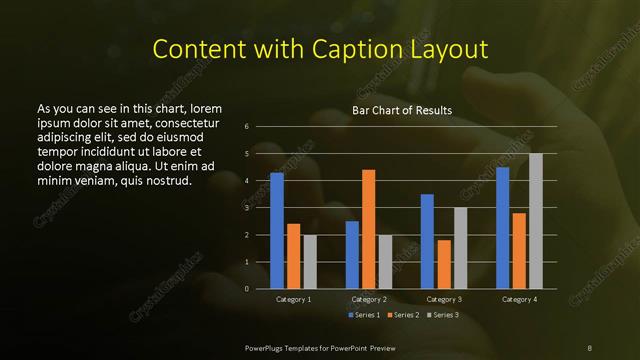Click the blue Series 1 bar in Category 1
coord(277,231)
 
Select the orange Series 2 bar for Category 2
coord(369,229)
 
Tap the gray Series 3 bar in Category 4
coord(536,221)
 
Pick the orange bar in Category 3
coord(444,264)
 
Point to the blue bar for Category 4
coord(503,228)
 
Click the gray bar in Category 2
coord(385,261)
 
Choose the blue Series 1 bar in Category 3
coord(427,241)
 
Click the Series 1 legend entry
coord(364,315)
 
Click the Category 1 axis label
coord(293,300)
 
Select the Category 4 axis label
coord(519,300)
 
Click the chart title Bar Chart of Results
coord(402,110)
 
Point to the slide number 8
coord(589,347)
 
